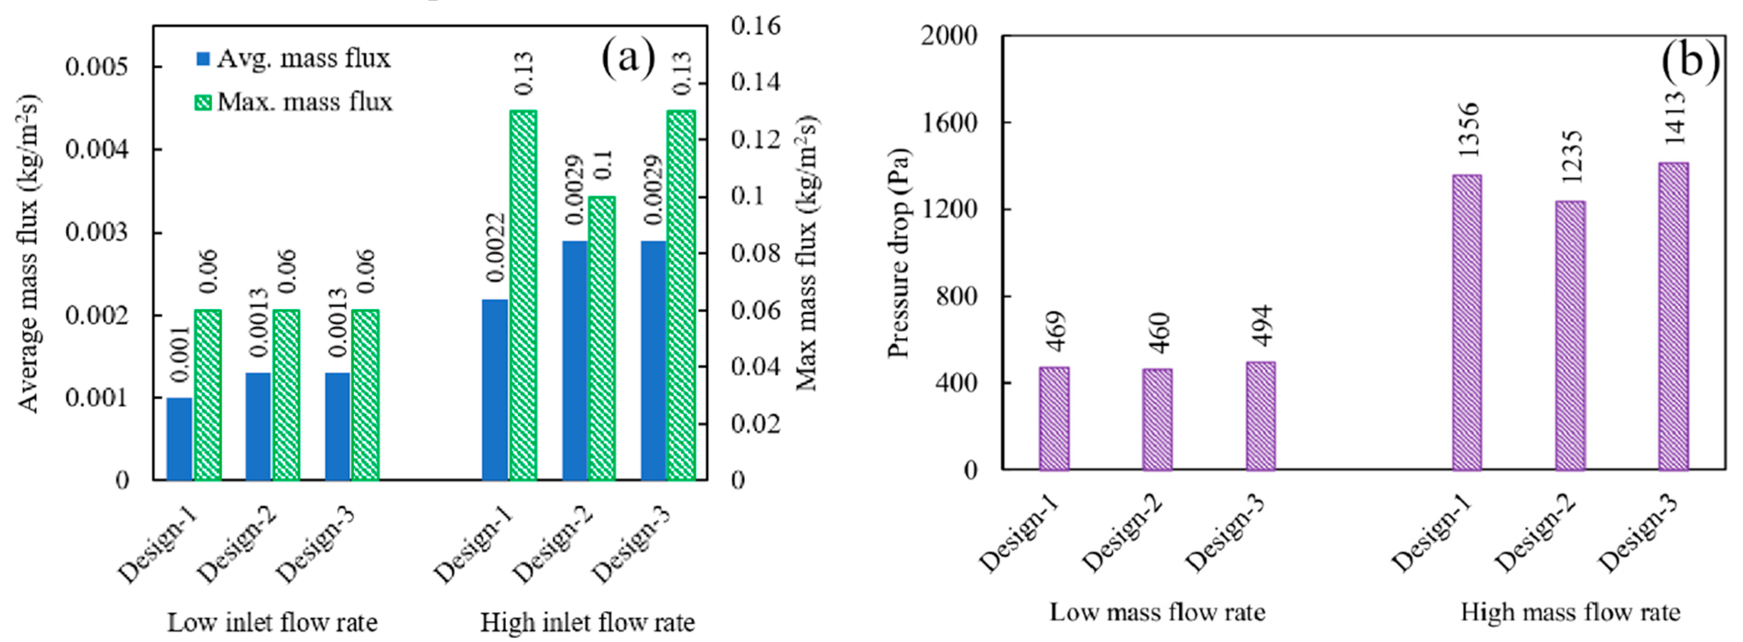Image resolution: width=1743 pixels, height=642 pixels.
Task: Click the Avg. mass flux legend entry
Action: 293,59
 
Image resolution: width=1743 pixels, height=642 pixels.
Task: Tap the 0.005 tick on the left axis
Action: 96,67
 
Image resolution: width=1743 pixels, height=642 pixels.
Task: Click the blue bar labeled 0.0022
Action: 494,390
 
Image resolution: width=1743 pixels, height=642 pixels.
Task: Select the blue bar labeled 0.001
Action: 179,439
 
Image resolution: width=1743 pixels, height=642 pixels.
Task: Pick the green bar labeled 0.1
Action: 602,338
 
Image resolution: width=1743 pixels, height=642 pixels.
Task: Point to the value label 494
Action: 1262,326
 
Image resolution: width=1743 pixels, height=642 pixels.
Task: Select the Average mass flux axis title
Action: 28,252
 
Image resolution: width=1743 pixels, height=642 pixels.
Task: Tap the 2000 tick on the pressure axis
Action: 949,36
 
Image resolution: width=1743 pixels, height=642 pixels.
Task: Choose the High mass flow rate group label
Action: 1570,612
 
